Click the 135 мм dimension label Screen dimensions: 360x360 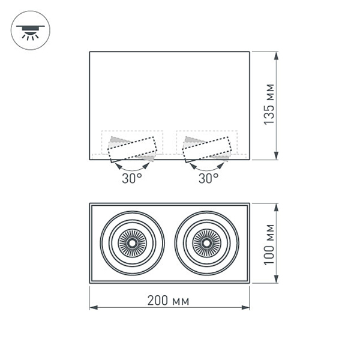click(x=271, y=106)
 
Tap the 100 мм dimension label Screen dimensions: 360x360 click(x=271, y=243)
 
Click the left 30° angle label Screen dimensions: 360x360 click(x=132, y=178)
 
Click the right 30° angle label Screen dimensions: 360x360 click(x=208, y=178)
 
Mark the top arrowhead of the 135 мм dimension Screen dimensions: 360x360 click(x=277, y=56)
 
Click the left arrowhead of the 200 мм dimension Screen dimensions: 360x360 click(x=94, y=307)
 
